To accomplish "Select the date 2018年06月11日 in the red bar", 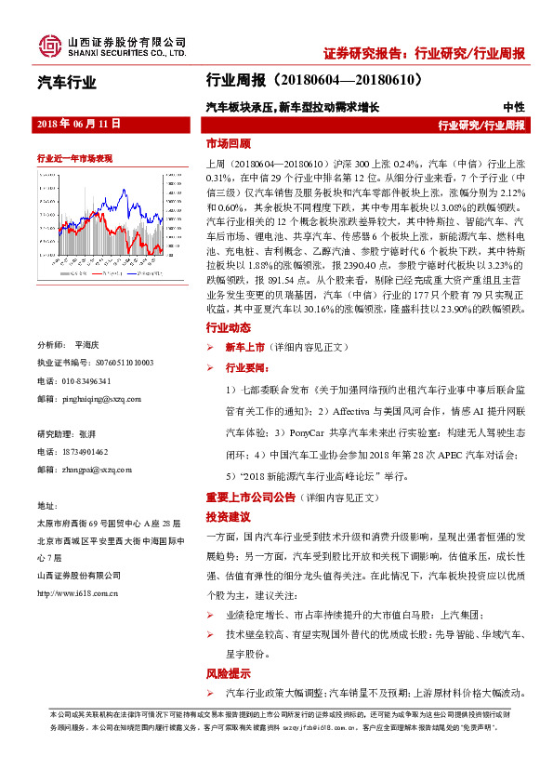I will coord(78,123).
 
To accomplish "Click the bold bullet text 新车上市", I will coord(244,346).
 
